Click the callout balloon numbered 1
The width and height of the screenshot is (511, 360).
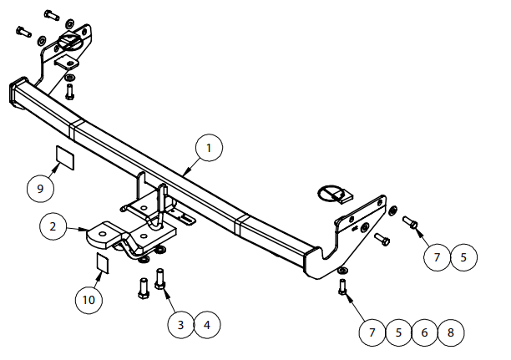(x=209, y=148)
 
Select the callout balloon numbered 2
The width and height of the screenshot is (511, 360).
(x=53, y=226)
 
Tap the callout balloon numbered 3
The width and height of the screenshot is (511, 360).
(x=181, y=325)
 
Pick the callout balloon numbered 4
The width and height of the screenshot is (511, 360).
(x=207, y=325)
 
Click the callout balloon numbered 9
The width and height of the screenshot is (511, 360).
(x=40, y=189)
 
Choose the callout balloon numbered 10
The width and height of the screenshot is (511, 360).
(x=89, y=300)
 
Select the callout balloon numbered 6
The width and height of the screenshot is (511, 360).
(x=424, y=332)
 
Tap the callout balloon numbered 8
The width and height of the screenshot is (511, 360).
(x=451, y=332)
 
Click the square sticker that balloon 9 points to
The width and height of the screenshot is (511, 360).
(x=65, y=158)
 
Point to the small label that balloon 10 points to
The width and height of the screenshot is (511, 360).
(x=103, y=262)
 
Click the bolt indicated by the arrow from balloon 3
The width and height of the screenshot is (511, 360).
(x=160, y=279)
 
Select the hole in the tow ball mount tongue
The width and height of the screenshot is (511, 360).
(x=103, y=234)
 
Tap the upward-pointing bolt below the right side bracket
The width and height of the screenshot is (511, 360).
(x=342, y=287)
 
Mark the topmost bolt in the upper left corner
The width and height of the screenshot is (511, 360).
(x=52, y=15)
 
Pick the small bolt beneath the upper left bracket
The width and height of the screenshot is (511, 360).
(x=69, y=92)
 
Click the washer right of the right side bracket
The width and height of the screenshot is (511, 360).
(x=393, y=210)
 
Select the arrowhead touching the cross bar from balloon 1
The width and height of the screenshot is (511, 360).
(x=185, y=172)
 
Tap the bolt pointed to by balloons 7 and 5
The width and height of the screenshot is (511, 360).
(x=410, y=222)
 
